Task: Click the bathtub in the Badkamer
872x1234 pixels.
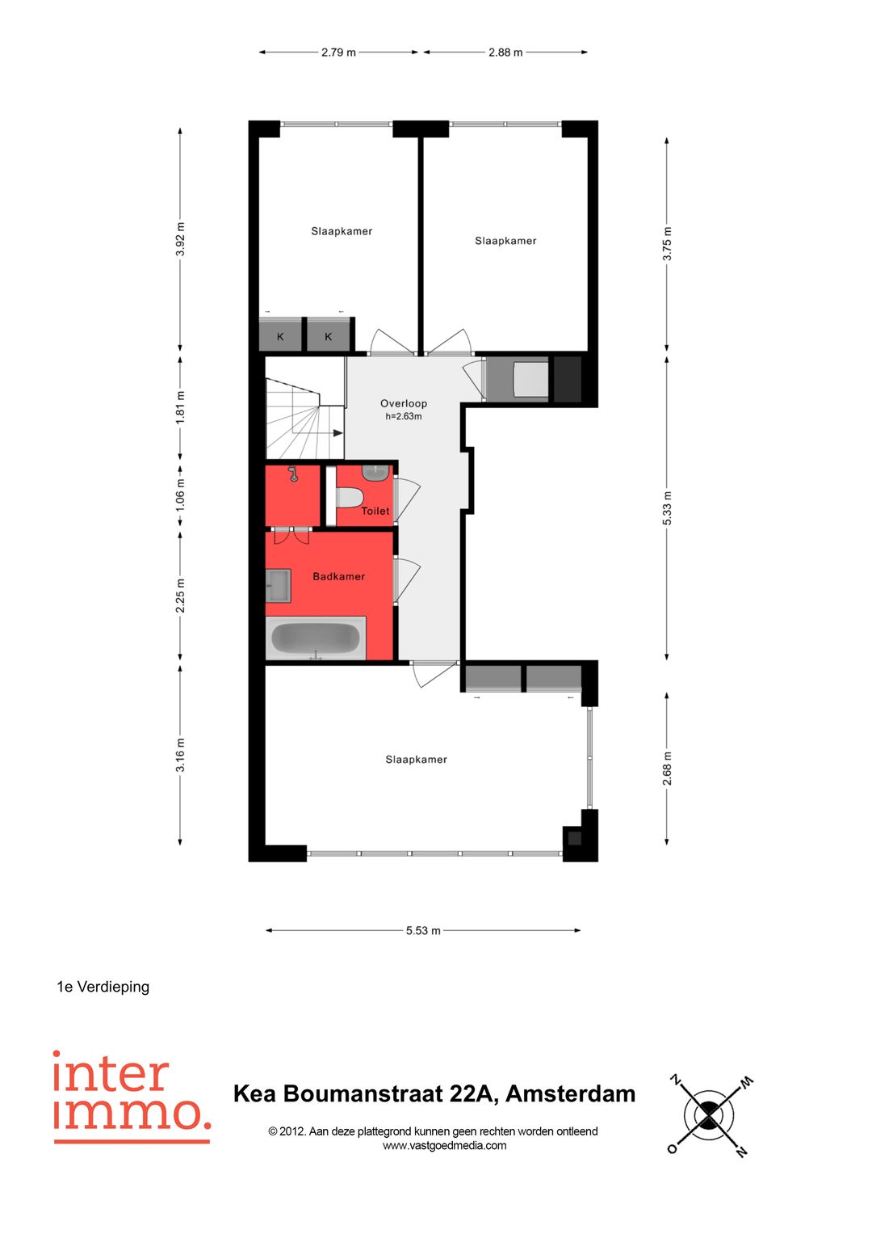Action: point(316,638)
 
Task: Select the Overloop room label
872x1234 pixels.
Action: point(404,403)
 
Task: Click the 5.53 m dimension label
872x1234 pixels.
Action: point(423,930)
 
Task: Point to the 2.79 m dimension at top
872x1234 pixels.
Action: point(338,53)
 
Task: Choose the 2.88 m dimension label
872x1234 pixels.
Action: point(505,53)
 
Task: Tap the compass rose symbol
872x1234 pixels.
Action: point(709,1116)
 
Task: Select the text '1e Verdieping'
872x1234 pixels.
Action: point(103,987)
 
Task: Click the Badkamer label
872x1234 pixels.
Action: point(338,576)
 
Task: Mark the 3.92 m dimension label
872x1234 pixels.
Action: point(180,239)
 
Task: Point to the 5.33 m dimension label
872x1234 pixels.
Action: point(667,508)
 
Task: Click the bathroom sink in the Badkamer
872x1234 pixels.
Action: point(279,585)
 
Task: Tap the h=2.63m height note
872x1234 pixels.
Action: point(404,417)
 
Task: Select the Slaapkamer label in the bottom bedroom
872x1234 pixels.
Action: point(416,760)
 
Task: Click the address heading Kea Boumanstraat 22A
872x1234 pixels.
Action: point(434,1093)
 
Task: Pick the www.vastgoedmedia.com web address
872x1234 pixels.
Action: point(444,1145)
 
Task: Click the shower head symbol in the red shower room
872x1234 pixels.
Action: point(293,474)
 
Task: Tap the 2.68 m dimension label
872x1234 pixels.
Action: point(667,769)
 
